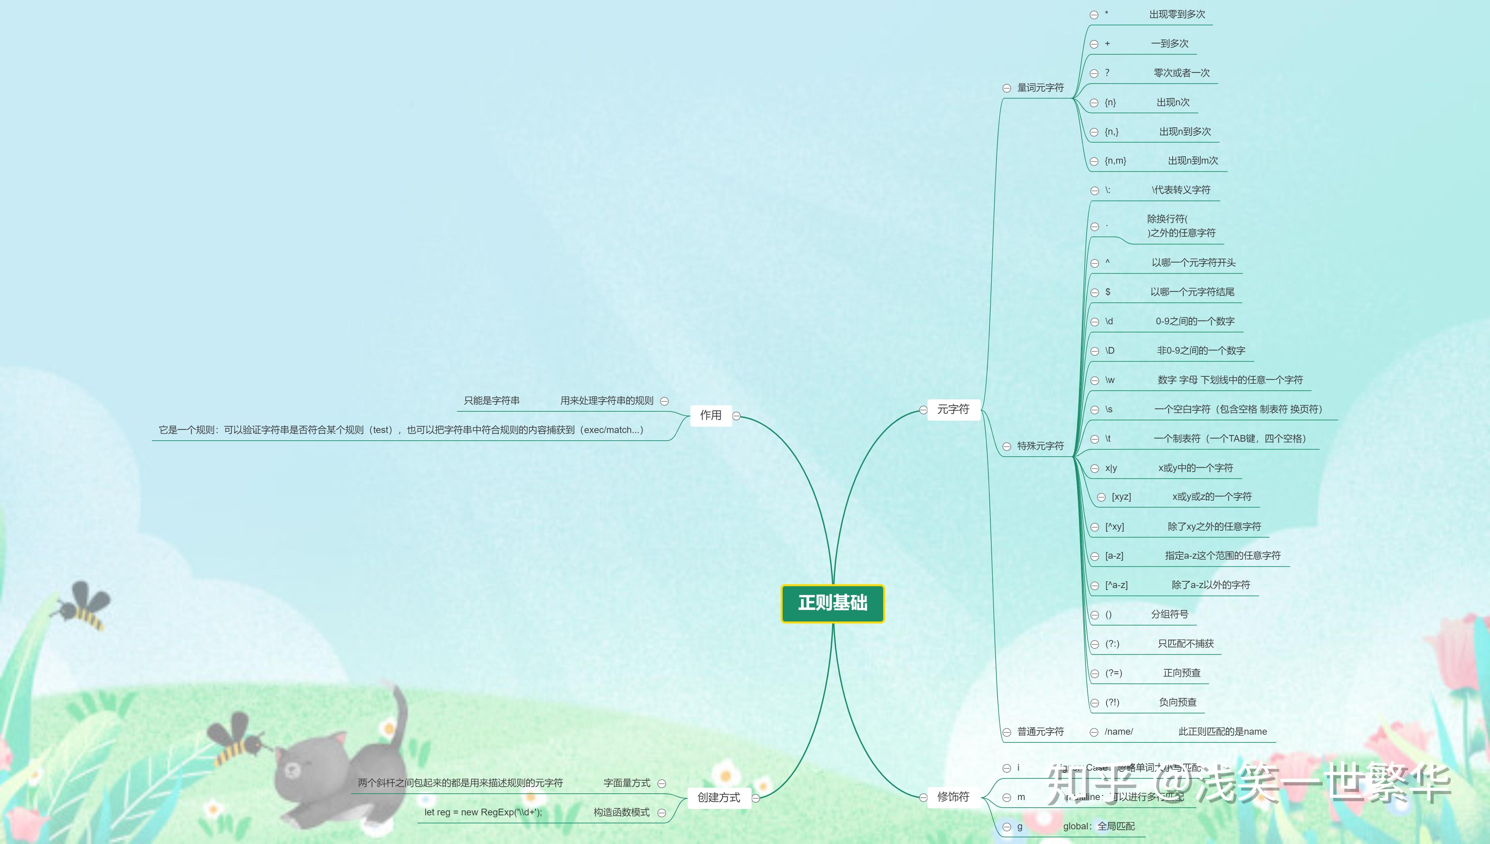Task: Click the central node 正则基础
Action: coord(832,603)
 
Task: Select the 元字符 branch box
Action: coord(953,409)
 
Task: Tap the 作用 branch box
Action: coord(711,415)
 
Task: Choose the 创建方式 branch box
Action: coord(719,798)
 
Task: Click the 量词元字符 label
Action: coord(1040,88)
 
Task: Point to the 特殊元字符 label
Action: coord(1040,446)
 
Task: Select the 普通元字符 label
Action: coord(1040,732)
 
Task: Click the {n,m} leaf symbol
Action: coord(1115,161)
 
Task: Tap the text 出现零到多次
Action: coord(1177,14)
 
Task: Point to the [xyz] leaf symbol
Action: coord(1121,497)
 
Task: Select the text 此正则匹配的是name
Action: coord(1222,732)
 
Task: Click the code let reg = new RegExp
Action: coord(483,812)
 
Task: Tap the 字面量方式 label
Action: coord(626,783)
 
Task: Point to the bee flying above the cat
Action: coord(238,739)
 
